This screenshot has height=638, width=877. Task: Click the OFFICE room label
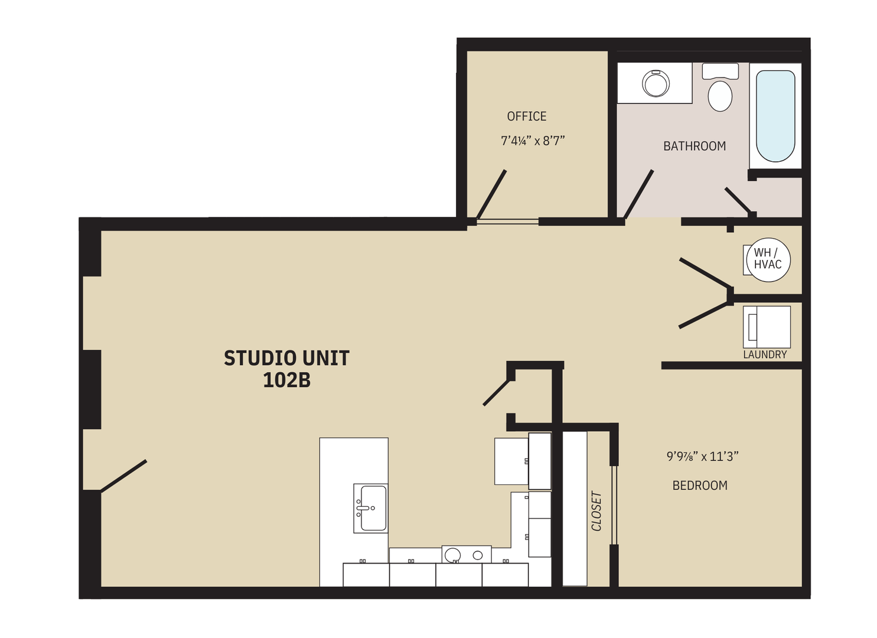point(526,116)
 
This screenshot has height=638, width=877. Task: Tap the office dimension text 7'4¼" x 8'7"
point(533,141)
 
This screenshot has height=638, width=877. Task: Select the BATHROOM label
point(694,146)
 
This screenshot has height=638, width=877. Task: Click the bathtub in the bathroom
point(775,116)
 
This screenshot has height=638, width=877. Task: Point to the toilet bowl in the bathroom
point(719,96)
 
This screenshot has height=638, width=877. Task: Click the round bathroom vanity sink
point(656,83)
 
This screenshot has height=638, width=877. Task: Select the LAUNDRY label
point(764,354)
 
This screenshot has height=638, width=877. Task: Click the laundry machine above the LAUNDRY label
point(767,327)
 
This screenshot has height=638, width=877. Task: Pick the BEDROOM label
point(699,486)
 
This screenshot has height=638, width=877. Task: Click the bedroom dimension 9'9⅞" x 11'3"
point(702,457)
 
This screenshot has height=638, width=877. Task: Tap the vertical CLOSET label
point(596,511)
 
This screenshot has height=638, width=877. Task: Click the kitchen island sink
point(371,508)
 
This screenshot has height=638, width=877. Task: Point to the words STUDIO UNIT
point(286,358)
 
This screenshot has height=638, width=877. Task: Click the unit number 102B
point(286,380)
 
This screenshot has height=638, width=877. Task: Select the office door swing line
point(491,194)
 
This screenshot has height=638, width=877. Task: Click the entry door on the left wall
point(123,476)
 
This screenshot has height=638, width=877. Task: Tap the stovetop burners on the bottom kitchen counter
point(466,555)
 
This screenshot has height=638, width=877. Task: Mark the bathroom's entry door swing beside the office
point(638,194)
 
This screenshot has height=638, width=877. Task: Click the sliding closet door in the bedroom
point(614,505)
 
